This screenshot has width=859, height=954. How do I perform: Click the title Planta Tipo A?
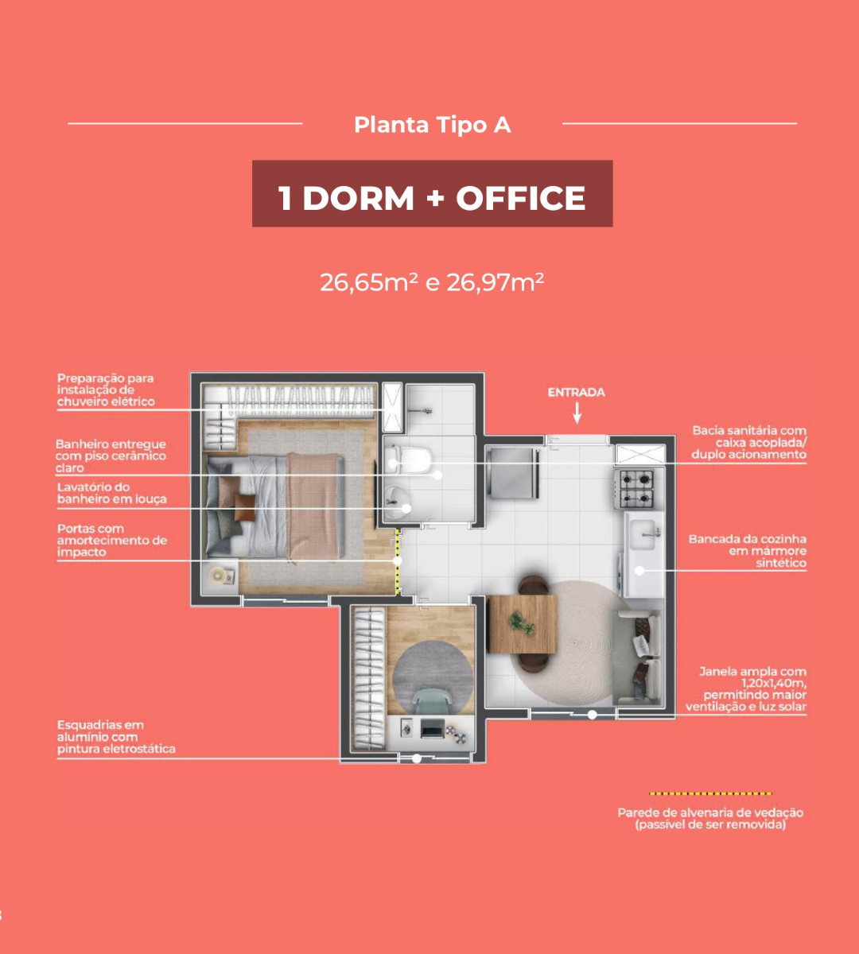pyautogui.click(x=432, y=125)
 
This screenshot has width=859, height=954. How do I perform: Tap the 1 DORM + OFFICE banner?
pyautogui.click(x=432, y=193)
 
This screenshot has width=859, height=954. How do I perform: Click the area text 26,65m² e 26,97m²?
pyautogui.click(x=432, y=282)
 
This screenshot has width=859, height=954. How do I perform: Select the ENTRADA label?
pyautogui.click(x=577, y=393)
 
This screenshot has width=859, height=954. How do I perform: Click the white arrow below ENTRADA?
pyautogui.click(x=577, y=413)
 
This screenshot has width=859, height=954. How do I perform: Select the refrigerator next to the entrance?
pyautogui.click(x=512, y=473)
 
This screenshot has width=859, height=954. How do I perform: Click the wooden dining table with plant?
pyautogui.click(x=522, y=623)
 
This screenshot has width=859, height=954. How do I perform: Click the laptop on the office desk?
pyautogui.click(x=432, y=728)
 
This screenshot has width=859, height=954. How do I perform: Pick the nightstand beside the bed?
pyautogui.click(x=220, y=577)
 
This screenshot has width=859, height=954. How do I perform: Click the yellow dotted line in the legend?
pyautogui.click(x=710, y=793)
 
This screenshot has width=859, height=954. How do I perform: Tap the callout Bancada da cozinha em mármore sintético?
pyautogui.click(x=747, y=551)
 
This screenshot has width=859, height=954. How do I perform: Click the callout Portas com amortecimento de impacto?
pyautogui.click(x=112, y=541)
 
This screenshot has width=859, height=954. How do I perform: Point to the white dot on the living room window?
pyautogui.click(x=592, y=715)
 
